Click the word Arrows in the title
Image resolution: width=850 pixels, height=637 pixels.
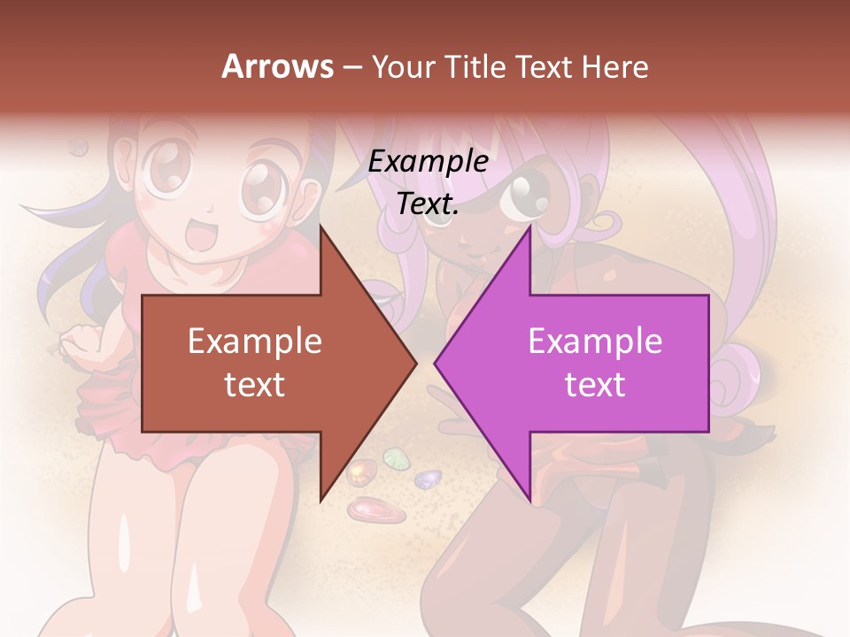tap(277, 66)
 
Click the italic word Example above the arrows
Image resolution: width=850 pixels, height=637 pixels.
tap(428, 162)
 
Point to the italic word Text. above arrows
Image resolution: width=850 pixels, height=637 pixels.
tap(428, 203)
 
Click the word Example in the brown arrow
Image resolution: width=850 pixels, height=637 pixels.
tap(254, 341)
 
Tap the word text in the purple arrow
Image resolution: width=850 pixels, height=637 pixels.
tap(595, 384)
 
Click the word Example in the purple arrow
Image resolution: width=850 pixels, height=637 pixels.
tap(595, 341)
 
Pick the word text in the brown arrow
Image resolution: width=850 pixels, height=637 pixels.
tap(254, 384)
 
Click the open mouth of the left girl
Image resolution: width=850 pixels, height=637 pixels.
tap(202, 237)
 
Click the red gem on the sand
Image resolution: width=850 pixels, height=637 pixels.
tap(365, 510)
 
